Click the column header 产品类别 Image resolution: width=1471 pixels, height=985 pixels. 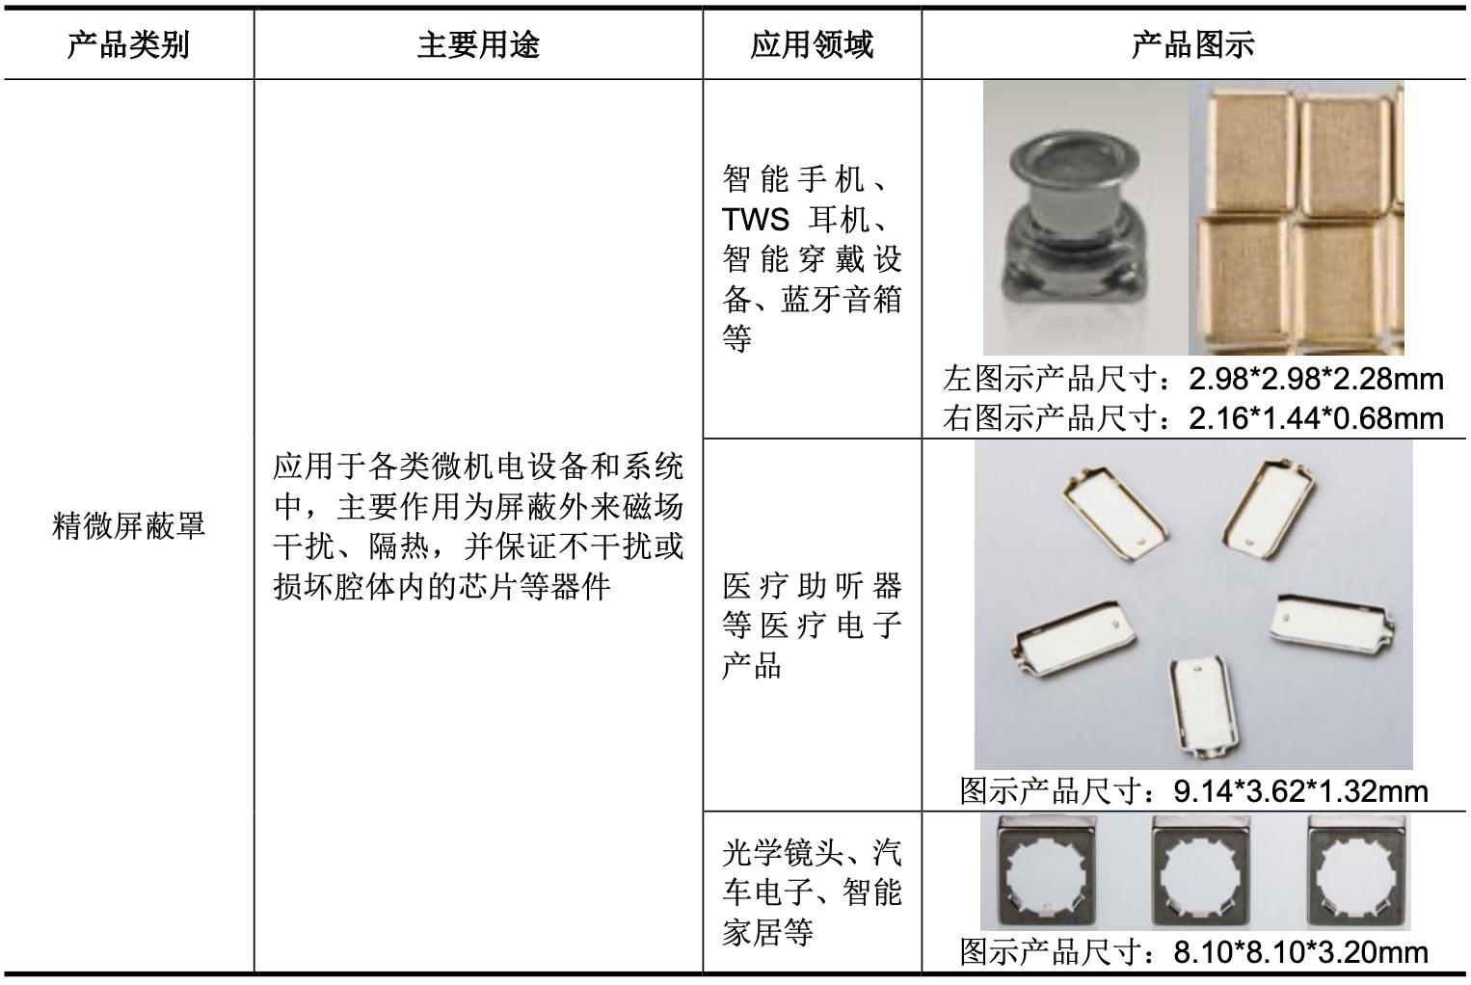point(128,44)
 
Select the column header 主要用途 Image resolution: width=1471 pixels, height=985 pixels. point(478,44)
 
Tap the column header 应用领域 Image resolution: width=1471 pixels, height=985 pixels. point(812,44)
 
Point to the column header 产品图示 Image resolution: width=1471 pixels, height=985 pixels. point(1193,44)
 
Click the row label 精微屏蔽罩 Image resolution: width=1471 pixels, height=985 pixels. point(128,526)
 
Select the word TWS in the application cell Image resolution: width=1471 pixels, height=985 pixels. point(755,220)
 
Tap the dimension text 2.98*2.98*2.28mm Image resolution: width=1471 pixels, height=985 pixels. point(1316,378)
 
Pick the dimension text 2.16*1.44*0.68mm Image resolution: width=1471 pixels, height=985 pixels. point(1316,418)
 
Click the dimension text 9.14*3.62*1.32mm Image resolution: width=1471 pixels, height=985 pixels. point(1300,791)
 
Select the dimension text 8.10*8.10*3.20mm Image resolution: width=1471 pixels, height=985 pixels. point(1300,952)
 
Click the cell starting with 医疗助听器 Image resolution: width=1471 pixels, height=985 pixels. point(812,626)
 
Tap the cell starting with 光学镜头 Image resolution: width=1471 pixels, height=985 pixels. point(812,892)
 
